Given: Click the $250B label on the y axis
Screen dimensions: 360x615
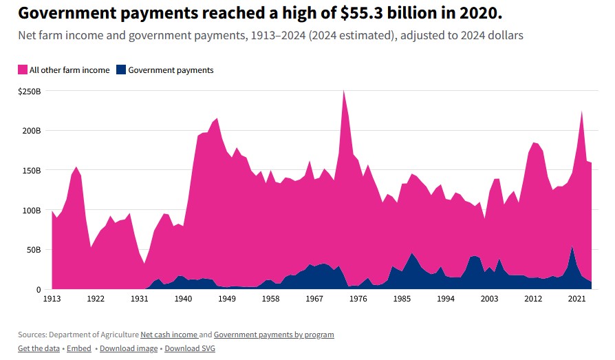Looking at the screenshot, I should pyautogui.click(x=30, y=91).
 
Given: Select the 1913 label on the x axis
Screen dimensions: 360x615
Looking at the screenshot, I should pyautogui.click(x=52, y=299).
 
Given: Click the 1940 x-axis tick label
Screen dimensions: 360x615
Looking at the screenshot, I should pyautogui.click(x=183, y=299).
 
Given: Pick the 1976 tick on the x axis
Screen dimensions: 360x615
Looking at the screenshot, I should pyautogui.click(x=358, y=299).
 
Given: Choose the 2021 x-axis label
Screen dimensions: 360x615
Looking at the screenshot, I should pyautogui.click(x=576, y=299).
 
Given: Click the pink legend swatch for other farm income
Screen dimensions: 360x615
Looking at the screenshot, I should pyautogui.click(x=23, y=70).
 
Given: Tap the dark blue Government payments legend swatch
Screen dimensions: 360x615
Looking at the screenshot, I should pyautogui.click(x=122, y=70).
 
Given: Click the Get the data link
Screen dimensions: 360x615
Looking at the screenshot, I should pyautogui.click(x=39, y=348).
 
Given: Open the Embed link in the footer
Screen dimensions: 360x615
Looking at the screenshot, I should pyautogui.click(x=80, y=348).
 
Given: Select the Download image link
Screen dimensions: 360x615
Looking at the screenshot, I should pyautogui.click(x=128, y=348).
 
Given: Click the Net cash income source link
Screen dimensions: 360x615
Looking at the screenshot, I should pyautogui.click(x=169, y=335).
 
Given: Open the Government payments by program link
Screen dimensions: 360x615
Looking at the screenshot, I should pyautogui.click(x=274, y=335).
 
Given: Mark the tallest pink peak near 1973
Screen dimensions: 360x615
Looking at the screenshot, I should pyautogui.click(x=343, y=91).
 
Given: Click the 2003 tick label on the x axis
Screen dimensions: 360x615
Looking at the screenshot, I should pyautogui.click(x=489, y=299).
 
